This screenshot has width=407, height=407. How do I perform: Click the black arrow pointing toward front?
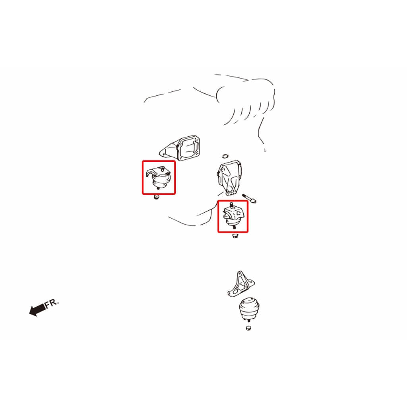pyautogui.click(x=37, y=309)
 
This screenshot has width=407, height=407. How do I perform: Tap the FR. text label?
pyautogui.click(x=52, y=303)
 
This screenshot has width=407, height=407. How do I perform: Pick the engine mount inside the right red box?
pyautogui.click(x=233, y=215)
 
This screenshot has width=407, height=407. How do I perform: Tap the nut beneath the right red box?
pyautogui.click(x=235, y=236)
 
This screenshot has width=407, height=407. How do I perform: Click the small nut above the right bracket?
pyautogui.click(x=225, y=156)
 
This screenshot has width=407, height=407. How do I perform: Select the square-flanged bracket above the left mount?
pyautogui.click(x=180, y=148)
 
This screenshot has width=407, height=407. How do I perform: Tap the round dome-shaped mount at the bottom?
pyautogui.click(x=249, y=309)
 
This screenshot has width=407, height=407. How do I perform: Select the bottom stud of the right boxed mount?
pyautogui.click(x=235, y=228)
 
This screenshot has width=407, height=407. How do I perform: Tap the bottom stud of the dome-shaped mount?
pyautogui.click(x=249, y=321)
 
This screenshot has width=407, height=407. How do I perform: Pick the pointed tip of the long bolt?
pyautogui.click(x=256, y=202)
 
